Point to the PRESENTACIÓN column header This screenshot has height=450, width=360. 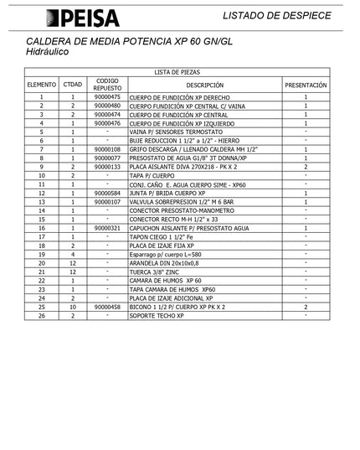click(306, 85)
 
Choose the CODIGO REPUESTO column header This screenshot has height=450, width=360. click(108, 85)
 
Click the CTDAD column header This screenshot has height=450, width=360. click(73, 85)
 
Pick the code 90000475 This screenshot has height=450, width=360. click(108, 97)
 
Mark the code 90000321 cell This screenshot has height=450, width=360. click(108, 228)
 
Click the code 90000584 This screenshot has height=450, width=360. click(108, 193)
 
